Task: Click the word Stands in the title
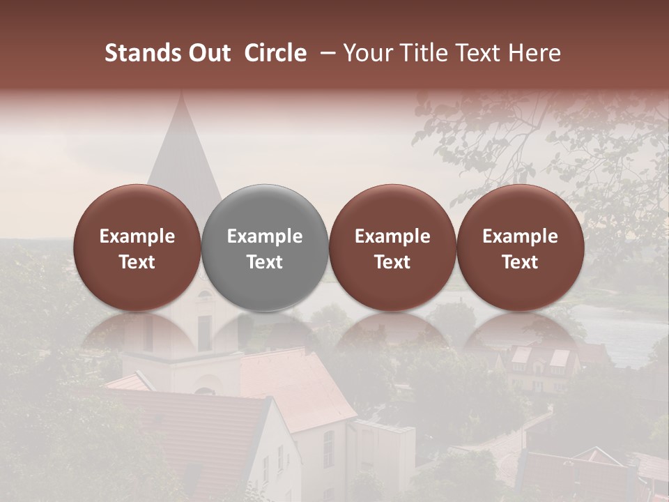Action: [143, 53]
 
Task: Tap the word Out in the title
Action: [208, 53]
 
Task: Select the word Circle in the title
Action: [275, 53]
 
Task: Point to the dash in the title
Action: [325, 53]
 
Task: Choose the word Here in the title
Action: [535, 53]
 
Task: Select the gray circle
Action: [265, 248]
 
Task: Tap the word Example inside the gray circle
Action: [265, 236]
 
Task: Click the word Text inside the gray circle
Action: [265, 262]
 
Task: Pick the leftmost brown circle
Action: [137, 248]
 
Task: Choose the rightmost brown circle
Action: [520, 248]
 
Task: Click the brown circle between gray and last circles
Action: [392, 248]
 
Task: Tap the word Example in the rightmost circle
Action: [520, 236]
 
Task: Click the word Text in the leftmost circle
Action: [137, 262]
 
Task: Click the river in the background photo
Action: [613, 328]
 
